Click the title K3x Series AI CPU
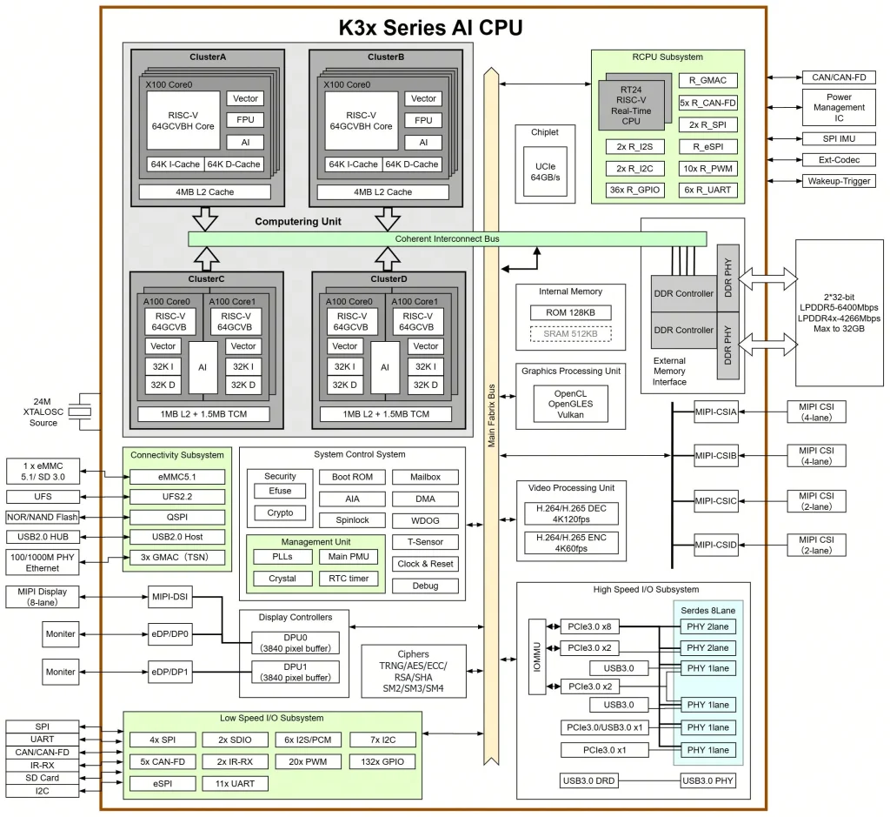pos(430,27)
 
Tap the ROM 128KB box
pos(570,312)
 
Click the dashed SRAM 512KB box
pos(570,333)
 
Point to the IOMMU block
pos(536,657)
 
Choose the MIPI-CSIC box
pos(716,500)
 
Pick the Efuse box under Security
pos(280,491)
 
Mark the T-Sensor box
pos(425,541)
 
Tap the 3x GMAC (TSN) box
pos(176,558)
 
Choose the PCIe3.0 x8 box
pos(589,626)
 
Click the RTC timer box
pos(349,579)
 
